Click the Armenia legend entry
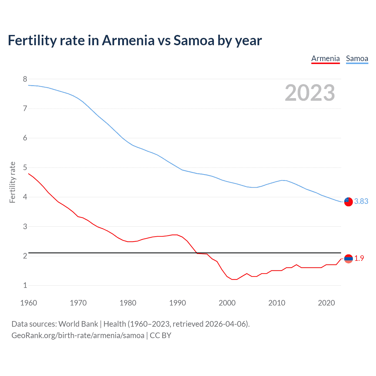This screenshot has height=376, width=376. click(325, 58)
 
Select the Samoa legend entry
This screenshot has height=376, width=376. click(357, 58)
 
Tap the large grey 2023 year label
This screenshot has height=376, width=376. click(310, 93)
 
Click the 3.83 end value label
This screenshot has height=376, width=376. click(361, 201)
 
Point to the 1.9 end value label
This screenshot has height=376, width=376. click(359, 258)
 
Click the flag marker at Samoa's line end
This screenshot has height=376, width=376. click(348, 202)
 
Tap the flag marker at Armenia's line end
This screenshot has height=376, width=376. click(348, 259)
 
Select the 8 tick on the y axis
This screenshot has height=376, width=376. click(25, 79)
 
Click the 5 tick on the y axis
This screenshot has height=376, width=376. click(25, 167)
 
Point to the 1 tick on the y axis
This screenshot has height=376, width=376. click(25, 285)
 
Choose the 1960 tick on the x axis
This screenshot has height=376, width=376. click(28, 303)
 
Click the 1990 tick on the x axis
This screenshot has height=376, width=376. click(177, 303)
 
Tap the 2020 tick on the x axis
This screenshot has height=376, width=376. click(326, 303)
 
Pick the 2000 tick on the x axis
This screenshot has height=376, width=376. click(227, 303)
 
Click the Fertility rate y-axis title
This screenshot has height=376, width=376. click(12, 182)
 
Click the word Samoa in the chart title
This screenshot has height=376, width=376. click(194, 41)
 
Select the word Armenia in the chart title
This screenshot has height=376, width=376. click(128, 41)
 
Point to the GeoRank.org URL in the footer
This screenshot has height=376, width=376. click(78, 335)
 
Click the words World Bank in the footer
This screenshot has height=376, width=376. click(78, 324)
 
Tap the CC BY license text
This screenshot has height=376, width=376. click(160, 335)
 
